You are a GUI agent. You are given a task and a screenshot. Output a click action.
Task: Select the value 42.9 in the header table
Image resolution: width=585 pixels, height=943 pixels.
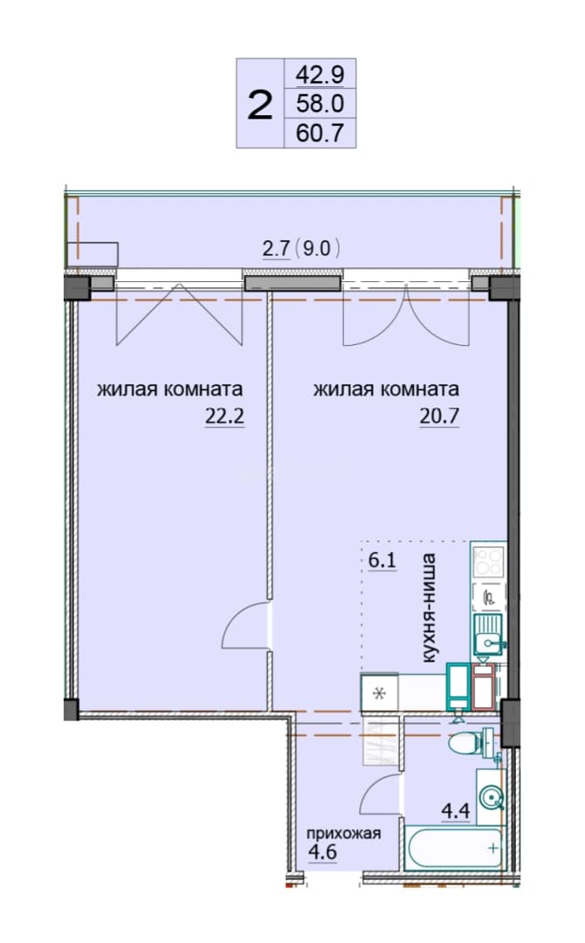click(x=320, y=75)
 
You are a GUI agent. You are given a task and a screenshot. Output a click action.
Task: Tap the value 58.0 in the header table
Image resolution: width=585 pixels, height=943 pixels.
click(x=320, y=103)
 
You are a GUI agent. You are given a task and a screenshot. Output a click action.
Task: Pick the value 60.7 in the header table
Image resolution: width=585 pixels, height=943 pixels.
click(x=320, y=133)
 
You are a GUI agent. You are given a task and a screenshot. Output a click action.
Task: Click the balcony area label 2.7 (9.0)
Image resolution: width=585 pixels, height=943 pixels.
click(x=302, y=248)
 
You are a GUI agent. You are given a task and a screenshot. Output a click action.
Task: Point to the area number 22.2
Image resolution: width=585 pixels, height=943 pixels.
click(x=225, y=416)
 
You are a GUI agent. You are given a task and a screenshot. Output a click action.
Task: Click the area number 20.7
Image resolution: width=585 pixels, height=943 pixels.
click(x=439, y=416)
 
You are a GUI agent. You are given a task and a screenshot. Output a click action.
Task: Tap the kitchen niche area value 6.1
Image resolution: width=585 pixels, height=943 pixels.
click(x=382, y=561)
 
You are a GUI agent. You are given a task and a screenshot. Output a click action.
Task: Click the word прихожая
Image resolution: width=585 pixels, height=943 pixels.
click(x=344, y=833)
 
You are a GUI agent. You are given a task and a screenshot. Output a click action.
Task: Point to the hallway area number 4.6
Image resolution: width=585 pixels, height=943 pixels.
click(x=322, y=852)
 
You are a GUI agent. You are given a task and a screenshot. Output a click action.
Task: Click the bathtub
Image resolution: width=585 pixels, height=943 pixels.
click(x=454, y=848)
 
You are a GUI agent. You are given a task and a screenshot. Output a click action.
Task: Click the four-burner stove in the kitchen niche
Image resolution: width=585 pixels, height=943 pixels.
click(x=487, y=561)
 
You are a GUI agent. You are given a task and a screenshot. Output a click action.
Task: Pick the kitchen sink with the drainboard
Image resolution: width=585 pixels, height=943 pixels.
click(x=489, y=635)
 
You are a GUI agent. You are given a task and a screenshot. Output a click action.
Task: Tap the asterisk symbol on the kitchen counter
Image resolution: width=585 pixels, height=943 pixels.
click(x=379, y=693)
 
